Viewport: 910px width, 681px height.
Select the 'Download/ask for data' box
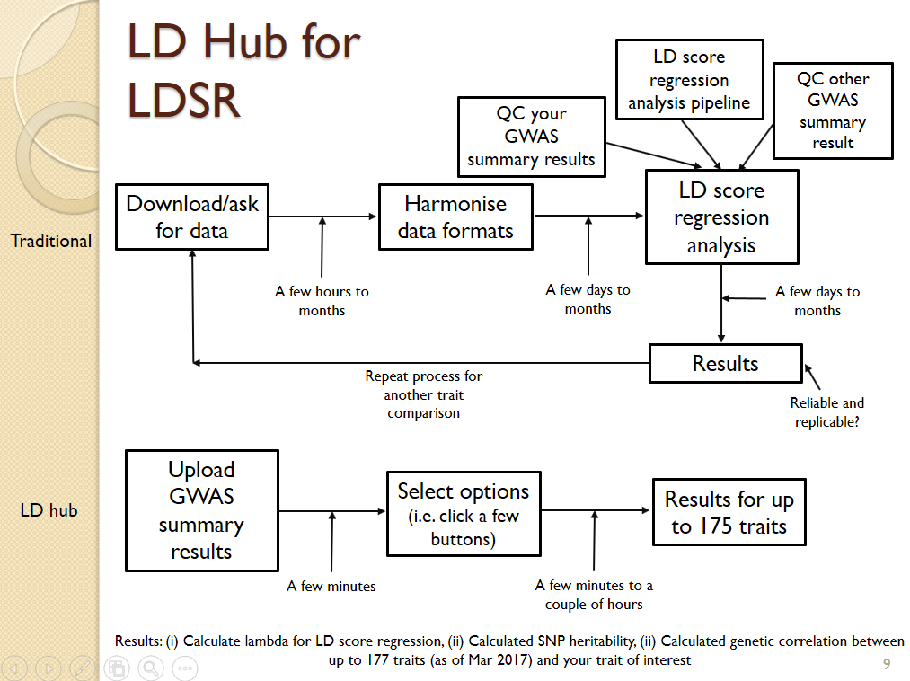pyautogui.click(x=192, y=217)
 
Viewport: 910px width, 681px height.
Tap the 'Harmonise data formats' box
pyautogui.click(x=455, y=217)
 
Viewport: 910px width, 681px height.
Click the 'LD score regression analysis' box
pyautogui.click(x=721, y=217)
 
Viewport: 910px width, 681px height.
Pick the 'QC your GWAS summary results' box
pyautogui.click(x=531, y=137)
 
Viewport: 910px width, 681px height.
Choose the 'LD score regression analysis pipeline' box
pyautogui.click(x=689, y=80)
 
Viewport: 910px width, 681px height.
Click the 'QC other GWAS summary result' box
pyautogui.click(x=833, y=111)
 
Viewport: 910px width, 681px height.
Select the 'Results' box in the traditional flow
pyautogui.click(x=725, y=364)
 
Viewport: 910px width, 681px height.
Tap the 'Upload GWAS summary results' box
pyautogui.click(x=201, y=510)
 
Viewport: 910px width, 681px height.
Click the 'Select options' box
pyautogui.click(x=464, y=515)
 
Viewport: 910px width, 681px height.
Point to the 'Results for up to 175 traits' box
pyautogui.click(x=729, y=512)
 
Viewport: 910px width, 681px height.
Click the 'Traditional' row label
pyautogui.click(x=51, y=241)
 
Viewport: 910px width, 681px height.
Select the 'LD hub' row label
pyautogui.click(x=49, y=510)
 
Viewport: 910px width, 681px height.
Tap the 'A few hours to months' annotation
pyautogui.click(x=322, y=301)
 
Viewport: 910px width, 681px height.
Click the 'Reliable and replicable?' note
pyautogui.click(x=827, y=412)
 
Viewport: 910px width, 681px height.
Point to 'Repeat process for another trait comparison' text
pyautogui.click(x=424, y=395)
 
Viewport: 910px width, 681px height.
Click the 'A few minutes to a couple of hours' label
pyautogui.click(x=594, y=595)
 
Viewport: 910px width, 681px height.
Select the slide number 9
pyautogui.click(x=887, y=665)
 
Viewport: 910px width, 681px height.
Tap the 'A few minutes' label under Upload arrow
pyautogui.click(x=331, y=586)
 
